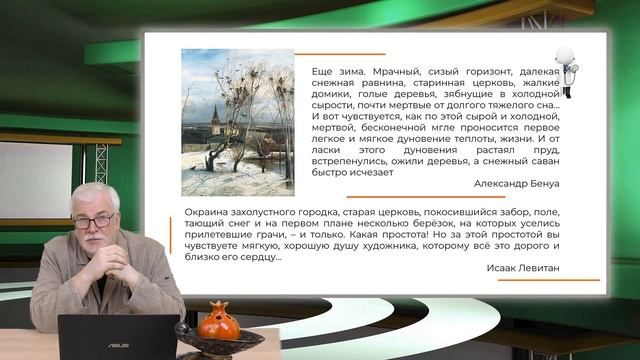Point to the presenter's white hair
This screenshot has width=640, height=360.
tap(95, 194)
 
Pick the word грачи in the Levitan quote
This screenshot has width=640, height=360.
tap(266, 241)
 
